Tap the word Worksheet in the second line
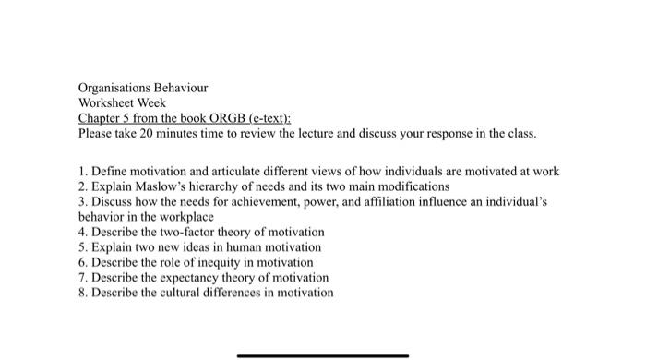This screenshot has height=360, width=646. click(108, 103)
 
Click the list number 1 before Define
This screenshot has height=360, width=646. click(82, 171)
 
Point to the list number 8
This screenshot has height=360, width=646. click(82, 293)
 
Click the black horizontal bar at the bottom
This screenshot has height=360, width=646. click(322, 354)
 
